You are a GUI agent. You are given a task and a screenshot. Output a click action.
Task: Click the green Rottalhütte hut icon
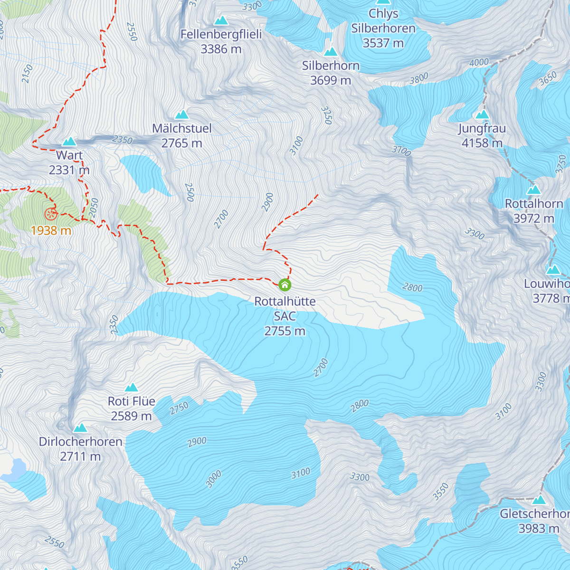285,285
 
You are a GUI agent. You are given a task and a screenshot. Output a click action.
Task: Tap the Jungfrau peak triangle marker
482,114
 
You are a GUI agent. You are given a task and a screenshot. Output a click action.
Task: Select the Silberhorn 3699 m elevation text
331,80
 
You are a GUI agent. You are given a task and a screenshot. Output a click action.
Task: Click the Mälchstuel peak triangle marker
182,114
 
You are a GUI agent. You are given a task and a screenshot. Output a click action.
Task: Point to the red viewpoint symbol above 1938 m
50,214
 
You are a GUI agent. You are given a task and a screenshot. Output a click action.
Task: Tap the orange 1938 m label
51,231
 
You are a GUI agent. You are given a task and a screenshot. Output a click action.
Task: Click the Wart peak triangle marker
69,142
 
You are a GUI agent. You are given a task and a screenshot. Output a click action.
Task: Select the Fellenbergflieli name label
221,34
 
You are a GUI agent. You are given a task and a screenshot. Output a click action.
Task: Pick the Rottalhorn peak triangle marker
534,190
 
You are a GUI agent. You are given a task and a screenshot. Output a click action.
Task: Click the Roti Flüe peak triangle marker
131,388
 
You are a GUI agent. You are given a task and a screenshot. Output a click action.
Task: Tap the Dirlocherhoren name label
81,442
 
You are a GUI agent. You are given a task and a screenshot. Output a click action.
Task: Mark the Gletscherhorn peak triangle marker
539,500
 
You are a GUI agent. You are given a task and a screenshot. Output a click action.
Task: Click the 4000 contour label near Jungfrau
479,63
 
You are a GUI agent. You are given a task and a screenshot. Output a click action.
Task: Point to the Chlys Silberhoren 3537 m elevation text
383,43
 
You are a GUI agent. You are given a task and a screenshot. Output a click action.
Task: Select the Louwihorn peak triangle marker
553,270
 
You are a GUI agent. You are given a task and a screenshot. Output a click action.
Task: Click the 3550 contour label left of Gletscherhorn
441,492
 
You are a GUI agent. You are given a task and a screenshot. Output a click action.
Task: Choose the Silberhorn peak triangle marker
331,52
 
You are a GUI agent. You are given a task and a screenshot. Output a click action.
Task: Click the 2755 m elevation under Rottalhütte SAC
285,331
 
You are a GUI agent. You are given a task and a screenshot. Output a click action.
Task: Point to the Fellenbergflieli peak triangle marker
221,20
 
